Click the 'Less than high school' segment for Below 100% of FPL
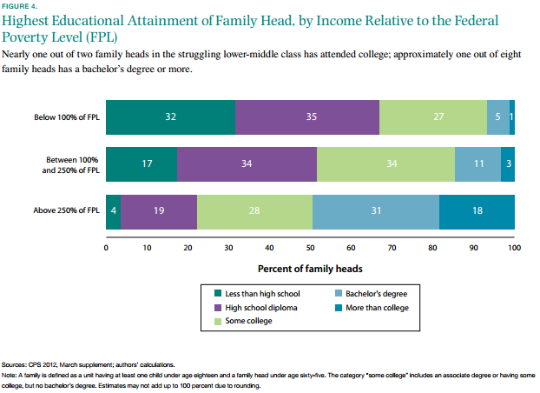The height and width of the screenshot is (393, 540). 170,117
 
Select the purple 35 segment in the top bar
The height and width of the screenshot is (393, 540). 306,117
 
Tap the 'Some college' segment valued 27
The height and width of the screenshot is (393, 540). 432,117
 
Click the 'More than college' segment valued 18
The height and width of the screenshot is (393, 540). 477,210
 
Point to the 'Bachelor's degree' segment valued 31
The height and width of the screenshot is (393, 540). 375,210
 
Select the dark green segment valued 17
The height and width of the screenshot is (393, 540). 141,163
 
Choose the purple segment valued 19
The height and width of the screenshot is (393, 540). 159,210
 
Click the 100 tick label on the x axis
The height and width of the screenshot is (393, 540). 514,247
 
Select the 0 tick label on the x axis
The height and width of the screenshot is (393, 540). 106,247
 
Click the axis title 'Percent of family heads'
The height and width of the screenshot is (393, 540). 310,269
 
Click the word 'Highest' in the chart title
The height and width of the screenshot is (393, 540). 35,21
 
